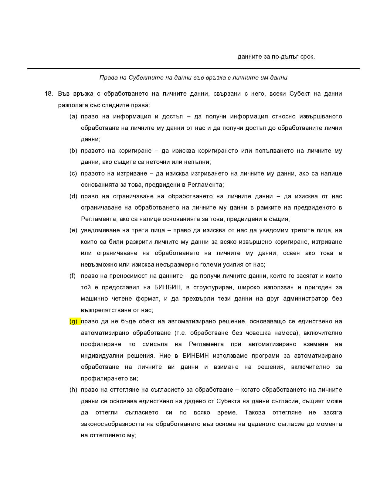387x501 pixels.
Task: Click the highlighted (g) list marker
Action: coord(73,322)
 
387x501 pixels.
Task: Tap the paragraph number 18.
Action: coord(49,94)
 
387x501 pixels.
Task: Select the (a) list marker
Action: coord(73,117)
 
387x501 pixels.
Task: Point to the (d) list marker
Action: coord(73,196)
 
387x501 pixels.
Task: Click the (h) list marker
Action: coord(73,390)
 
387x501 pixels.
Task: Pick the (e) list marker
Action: coord(73,230)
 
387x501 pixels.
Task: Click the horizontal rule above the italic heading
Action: coord(193,69)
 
